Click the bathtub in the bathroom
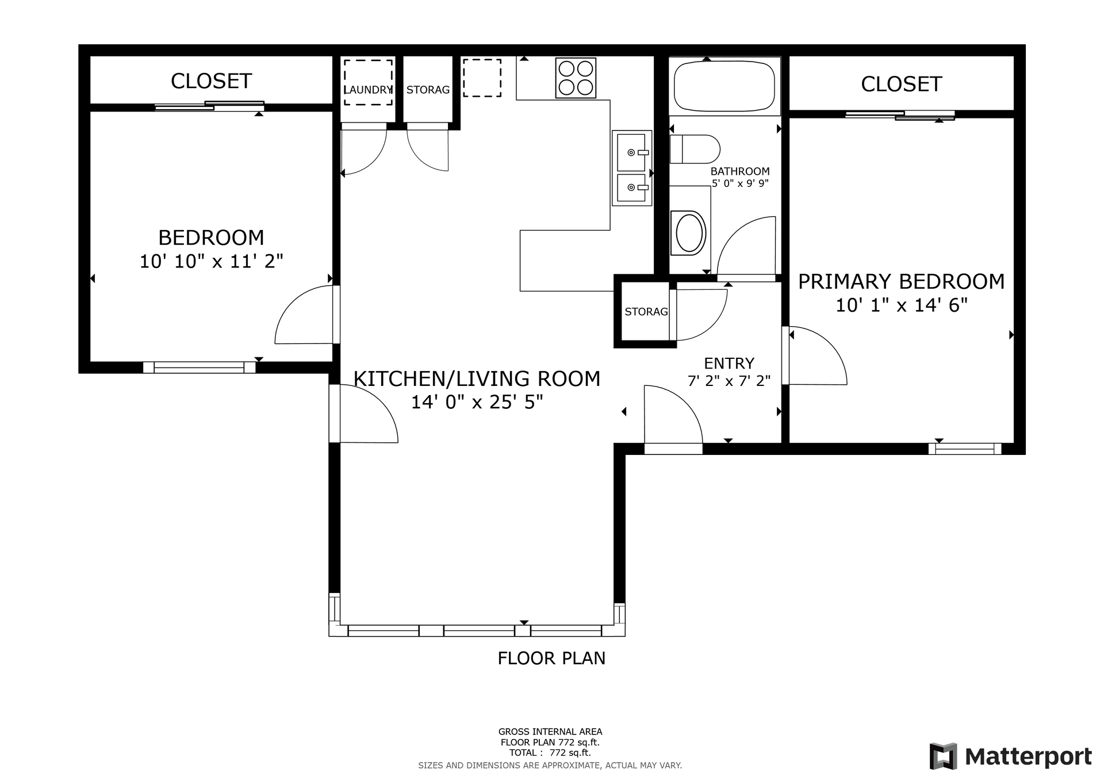click(x=724, y=86)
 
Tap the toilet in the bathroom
click(x=695, y=149)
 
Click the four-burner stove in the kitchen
click(x=576, y=78)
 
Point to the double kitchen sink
click(x=631, y=168)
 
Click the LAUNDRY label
click(x=369, y=90)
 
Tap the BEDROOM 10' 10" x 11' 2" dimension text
click(x=212, y=262)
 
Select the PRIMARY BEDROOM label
click(x=901, y=282)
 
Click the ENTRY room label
click(x=729, y=363)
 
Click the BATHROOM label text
click(x=739, y=171)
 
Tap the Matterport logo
click(x=1010, y=756)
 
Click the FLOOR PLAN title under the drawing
click(x=551, y=658)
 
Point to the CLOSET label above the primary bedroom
click(x=901, y=85)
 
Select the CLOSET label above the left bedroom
click(x=212, y=82)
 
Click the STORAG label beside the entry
click(x=646, y=312)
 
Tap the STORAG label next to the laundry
click(x=428, y=90)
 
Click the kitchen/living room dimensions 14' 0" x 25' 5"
click(x=477, y=402)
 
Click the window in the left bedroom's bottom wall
click(x=200, y=367)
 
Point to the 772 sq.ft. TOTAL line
click(x=550, y=753)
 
